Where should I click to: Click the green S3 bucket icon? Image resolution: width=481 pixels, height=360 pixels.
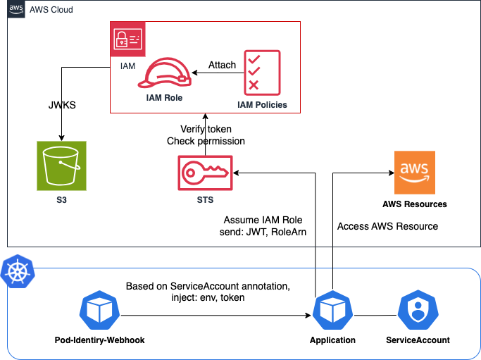62,166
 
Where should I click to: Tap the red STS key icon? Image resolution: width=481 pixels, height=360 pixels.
205,173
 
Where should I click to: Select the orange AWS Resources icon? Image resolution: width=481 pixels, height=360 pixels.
414,173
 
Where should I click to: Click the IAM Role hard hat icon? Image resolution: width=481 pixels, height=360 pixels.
165,73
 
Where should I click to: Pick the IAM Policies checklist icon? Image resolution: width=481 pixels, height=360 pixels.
262,73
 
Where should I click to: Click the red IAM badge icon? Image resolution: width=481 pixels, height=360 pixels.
127,39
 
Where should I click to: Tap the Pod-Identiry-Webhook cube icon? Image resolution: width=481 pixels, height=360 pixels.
99,310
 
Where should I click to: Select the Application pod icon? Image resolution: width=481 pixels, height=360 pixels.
333,310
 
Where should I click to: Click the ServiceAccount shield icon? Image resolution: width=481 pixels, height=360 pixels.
418,310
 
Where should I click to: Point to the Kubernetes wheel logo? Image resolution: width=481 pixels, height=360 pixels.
18,271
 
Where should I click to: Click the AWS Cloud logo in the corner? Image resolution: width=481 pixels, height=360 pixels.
16,9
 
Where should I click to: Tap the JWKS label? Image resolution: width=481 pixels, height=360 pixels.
62,105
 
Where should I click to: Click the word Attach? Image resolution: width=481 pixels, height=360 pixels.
222,65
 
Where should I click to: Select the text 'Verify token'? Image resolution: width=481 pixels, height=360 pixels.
206,129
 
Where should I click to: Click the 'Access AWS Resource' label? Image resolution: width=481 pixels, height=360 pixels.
387,226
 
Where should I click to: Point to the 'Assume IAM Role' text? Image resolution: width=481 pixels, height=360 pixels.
263,220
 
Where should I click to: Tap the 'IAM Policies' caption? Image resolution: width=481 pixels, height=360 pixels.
262,105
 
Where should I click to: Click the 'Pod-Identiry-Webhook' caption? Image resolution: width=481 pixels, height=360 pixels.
100,340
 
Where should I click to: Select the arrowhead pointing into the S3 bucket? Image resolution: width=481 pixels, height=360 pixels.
62,138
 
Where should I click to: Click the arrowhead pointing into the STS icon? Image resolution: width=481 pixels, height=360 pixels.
236,173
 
